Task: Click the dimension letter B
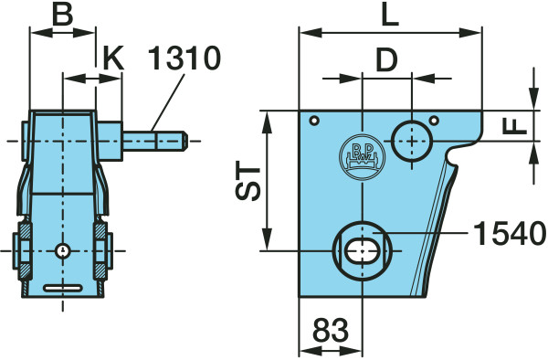pos(62,15)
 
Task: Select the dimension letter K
pos(113,58)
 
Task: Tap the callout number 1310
pos(184,58)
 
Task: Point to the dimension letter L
pos(390,15)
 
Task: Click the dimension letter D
pos(386,59)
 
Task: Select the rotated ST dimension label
pos(248,180)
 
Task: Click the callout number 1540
pos(510,234)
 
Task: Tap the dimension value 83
pos(331,330)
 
